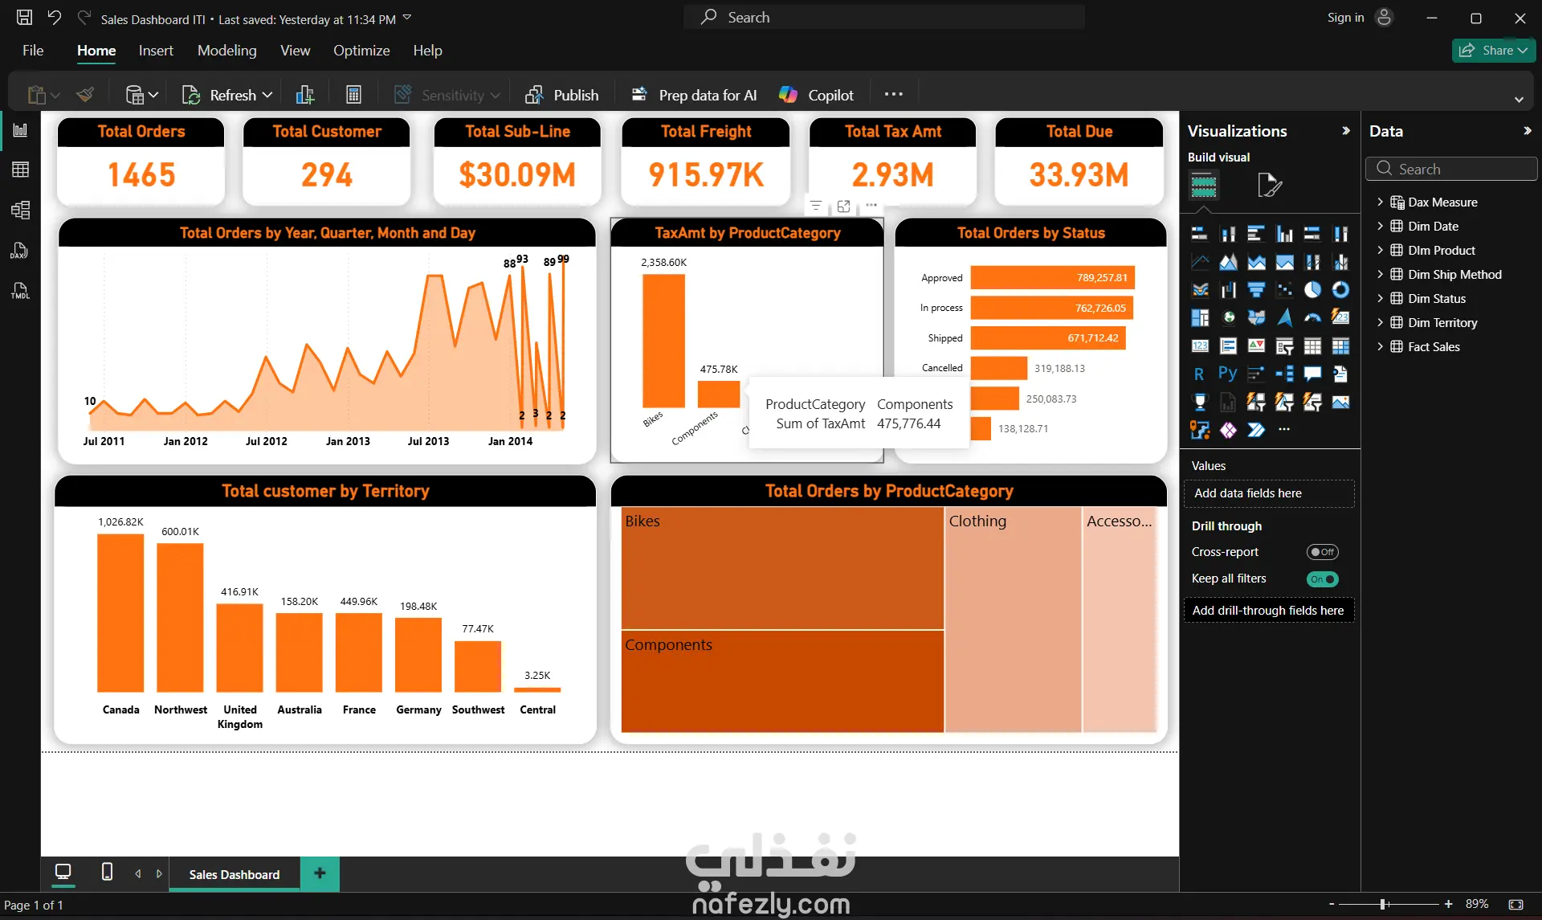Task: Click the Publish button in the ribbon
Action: tap(561, 95)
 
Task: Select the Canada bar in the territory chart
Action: tap(120, 613)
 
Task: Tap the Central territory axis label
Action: tap(537, 709)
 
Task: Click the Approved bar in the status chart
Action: tap(1052, 277)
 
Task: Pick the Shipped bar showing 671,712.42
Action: tap(1048, 338)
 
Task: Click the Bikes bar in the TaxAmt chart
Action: tap(663, 341)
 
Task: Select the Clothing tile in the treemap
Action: tap(1013, 619)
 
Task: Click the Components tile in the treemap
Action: tap(782, 681)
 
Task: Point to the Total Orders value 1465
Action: tap(141, 175)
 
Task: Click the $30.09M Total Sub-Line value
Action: tap(517, 175)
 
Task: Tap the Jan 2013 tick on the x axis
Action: tap(348, 441)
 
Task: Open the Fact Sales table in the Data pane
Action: tap(1434, 346)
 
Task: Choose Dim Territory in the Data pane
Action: tap(1442, 322)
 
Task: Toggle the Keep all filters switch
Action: tap(1322, 579)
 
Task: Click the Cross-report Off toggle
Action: tap(1322, 552)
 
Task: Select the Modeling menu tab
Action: tap(227, 51)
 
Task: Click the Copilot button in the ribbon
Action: tap(816, 95)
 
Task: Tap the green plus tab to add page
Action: tap(320, 873)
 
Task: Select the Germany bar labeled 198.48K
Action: tap(418, 655)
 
